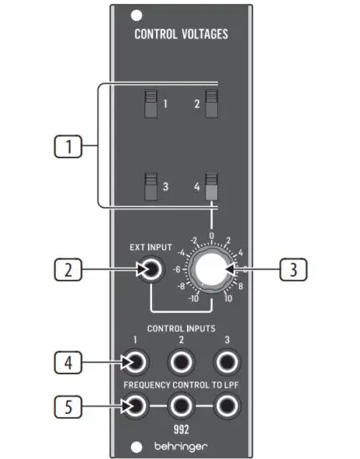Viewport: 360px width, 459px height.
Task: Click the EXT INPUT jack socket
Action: [151, 270]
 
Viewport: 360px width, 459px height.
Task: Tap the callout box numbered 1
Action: [69, 148]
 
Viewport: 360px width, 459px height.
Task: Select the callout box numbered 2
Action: [69, 270]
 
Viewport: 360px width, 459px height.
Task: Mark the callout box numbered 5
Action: [69, 406]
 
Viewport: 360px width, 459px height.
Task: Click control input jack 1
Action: [134, 361]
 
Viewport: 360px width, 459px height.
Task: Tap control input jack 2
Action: [180, 361]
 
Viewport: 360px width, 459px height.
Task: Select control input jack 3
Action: [226, 361]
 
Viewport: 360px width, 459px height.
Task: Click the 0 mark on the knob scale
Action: [212, 236]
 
